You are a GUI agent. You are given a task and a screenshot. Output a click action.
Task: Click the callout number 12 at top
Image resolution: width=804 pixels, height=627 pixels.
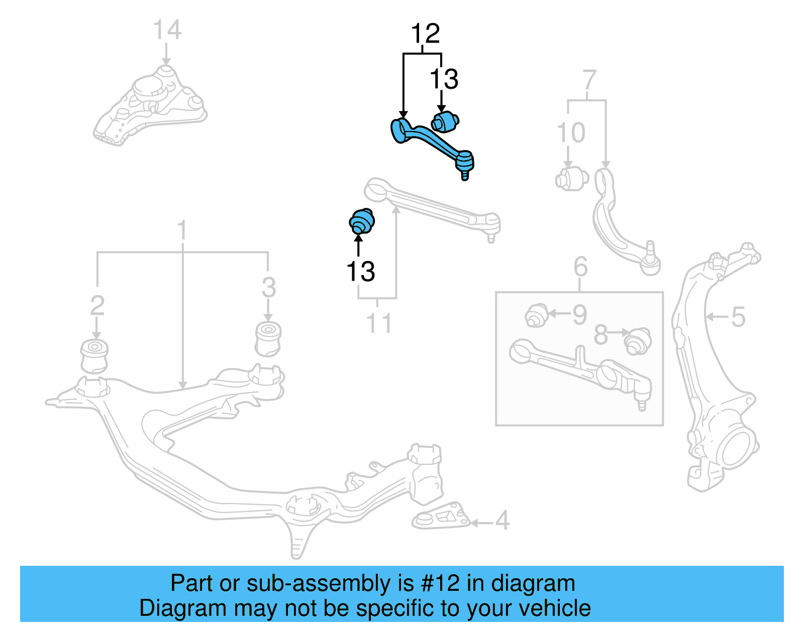point(425,34)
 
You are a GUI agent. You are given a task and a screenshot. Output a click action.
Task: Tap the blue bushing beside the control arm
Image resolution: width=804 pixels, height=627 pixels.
point(445,121)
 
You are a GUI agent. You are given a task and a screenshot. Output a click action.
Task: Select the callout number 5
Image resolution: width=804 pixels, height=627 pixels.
point(737,317)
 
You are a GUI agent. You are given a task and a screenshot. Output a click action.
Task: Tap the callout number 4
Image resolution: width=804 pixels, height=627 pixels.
point(502,521)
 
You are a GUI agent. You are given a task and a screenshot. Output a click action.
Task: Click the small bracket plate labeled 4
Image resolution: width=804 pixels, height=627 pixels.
point(442,516)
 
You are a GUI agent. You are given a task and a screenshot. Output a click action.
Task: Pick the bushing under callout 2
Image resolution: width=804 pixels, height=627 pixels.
point(94,356)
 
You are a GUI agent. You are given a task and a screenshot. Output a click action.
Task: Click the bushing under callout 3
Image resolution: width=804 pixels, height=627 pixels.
point(268,338)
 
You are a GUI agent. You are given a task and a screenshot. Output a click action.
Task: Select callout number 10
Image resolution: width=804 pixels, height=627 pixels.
point(571,133)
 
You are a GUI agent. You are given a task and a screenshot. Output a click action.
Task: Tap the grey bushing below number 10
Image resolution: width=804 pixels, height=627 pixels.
point(572,179)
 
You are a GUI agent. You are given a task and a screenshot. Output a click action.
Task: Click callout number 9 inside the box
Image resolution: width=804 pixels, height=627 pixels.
point(579,315)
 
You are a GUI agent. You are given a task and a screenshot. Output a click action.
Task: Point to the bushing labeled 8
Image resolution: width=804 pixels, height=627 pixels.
point(637,341)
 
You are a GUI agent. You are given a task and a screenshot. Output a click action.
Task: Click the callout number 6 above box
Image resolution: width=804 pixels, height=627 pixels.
point(580,267)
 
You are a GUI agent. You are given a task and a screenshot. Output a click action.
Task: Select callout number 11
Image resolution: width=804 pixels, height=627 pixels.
point(378,323)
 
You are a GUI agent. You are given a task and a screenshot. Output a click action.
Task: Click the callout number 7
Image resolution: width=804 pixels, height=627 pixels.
point(589,80)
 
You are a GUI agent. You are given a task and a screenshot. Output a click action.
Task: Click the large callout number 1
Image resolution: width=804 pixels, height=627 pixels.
point(182,231)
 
